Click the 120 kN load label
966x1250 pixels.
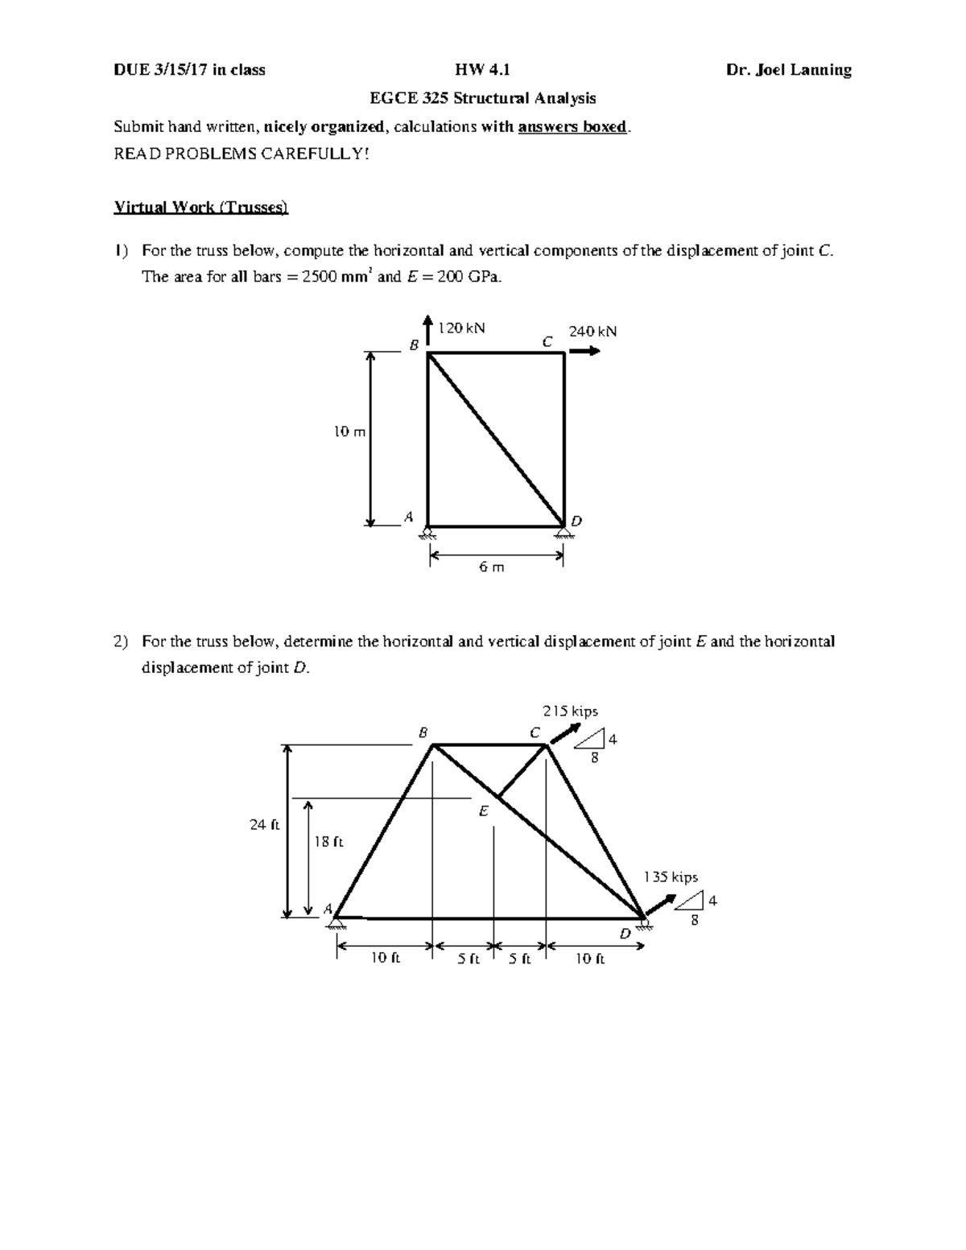[x=462, y=328]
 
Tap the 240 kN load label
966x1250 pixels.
[x=592, y=331]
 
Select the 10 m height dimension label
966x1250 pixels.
[x=349, y=432]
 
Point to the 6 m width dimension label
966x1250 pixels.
[x=491, y=567]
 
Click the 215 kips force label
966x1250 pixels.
[x=570, y=712]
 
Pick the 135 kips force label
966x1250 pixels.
[x=670, y=877]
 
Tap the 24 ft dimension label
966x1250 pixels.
[x=264, y=825]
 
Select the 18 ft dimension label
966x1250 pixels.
[x=328, y=842]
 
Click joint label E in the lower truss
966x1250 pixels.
[x=484, y=812]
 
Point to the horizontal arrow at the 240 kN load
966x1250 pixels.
[x=584, y=351]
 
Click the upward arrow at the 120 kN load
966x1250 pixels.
[x=427, y=330]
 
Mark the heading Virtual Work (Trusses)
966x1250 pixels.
[x=200, y=207]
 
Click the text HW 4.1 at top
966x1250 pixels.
[x=482, y=70]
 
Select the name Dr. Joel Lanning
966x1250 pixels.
[x=788, y=70]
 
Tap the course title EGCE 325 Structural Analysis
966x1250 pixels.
[x=482, y=98]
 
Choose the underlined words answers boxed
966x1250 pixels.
[x=572, y=126]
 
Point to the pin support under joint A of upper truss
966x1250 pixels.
[x=427, y=532]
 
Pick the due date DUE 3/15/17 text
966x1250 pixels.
[x=189, y=70]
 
